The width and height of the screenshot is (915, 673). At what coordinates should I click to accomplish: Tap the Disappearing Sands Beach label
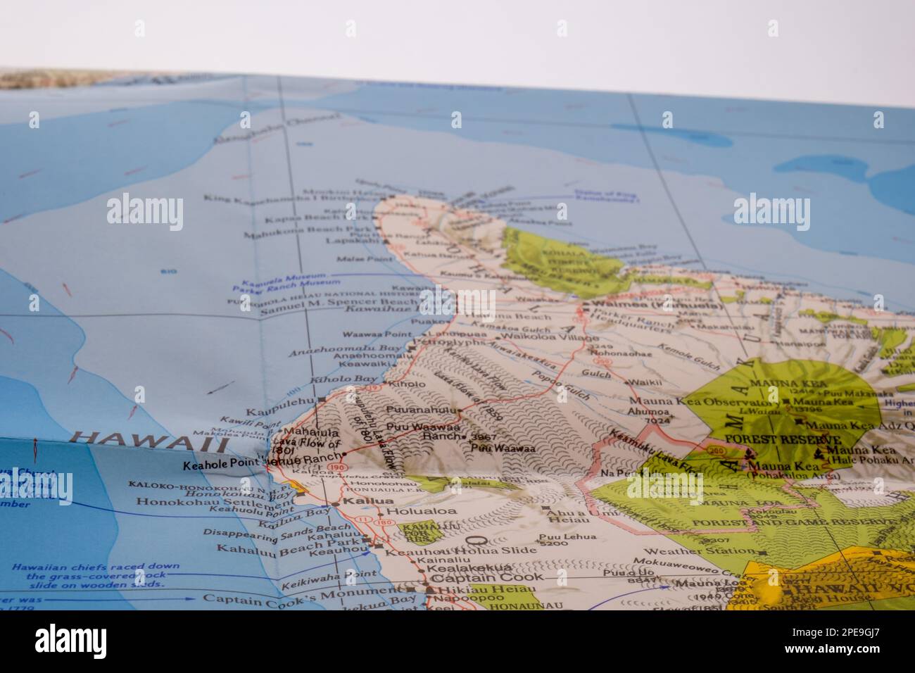coord(267,529)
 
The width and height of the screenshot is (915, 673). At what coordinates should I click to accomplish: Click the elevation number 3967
coord(481,436)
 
